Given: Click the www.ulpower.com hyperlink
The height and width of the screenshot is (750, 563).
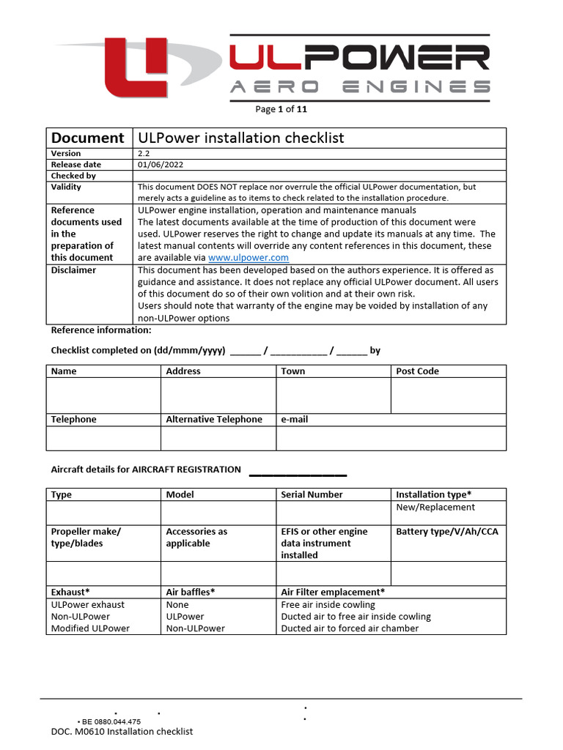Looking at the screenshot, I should coord(249,258).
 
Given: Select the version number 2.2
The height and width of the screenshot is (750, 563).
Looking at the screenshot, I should coord(144,153).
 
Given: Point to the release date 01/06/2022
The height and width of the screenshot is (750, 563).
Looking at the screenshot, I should coord(161,165).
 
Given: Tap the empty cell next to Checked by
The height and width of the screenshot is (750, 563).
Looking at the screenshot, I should coord(319,176).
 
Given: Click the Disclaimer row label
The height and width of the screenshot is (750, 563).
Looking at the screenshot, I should coord(74,270).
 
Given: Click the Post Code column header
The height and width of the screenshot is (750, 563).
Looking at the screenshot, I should coord(417,371).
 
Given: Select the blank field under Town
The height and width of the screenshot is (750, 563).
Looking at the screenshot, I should coord(333,396).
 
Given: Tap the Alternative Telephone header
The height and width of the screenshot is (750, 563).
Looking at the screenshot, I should coord(214,420).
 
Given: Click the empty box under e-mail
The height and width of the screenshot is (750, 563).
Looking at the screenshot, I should coord(391,438).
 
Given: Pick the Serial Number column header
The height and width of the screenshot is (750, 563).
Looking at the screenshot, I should coord(312,494).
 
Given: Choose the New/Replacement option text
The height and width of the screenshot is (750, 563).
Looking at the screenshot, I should coord(435,507).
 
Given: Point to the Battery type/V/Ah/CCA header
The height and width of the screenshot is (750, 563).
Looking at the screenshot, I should coord(446,532).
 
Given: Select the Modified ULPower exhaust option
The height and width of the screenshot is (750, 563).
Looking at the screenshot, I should coord(90,628).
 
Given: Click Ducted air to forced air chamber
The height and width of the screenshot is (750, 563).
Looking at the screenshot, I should coord(350,628).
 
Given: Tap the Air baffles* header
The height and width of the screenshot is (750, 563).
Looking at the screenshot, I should coord(191,592).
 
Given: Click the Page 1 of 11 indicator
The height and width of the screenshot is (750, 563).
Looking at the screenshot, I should coord(281,110).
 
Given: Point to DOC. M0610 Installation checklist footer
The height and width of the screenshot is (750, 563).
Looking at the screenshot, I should coord(122,732).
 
